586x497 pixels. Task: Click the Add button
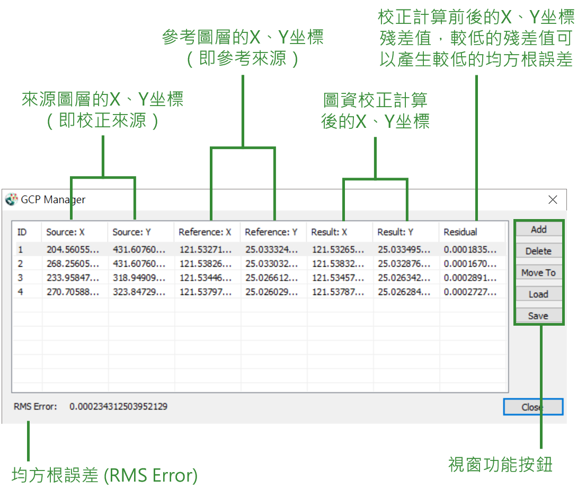tap(538, 229)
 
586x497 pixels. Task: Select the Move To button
tap(538, 273)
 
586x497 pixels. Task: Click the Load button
tap(538, 294)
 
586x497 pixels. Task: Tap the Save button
tap(538, 316)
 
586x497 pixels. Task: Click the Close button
tap(533, 407)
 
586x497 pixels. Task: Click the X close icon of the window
tap(553, 199)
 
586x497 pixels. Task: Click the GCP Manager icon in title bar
tap(12, 199)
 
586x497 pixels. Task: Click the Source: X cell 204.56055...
tap(73, 249)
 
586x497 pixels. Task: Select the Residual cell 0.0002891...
tap(470, 278)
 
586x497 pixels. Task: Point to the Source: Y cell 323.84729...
tap(139, 292)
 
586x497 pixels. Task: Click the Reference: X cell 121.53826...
tap(206, 264)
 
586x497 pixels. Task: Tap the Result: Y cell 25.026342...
tap(404, 278)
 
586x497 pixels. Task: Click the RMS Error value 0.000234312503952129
tap(119, 406)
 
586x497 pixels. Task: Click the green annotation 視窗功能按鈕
tap(500, 465)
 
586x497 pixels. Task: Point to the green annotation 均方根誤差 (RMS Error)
tap(105, 475)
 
